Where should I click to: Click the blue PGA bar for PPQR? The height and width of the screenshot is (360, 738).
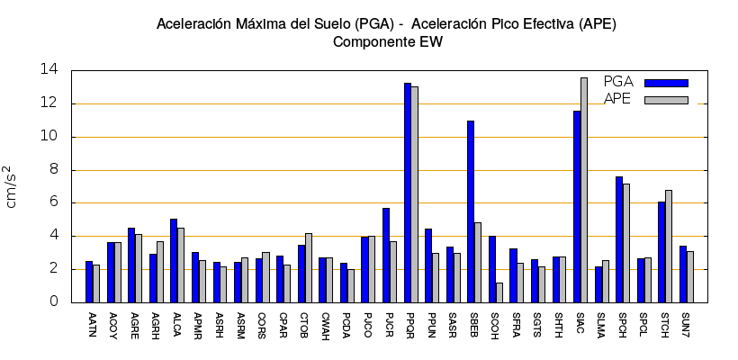408,193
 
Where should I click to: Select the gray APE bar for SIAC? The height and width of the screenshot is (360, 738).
584,190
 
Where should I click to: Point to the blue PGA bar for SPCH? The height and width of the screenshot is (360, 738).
619,239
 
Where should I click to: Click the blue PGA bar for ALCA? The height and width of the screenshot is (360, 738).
174,260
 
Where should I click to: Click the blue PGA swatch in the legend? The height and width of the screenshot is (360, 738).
666,83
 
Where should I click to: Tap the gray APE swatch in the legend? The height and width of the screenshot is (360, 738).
666,100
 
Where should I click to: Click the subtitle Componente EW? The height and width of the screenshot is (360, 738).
387,41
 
